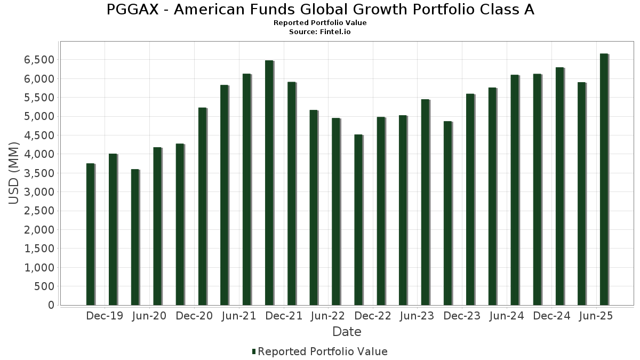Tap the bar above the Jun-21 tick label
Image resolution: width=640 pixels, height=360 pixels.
pyautogui.click(x=246, y=189)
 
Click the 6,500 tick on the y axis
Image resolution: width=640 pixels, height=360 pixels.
pyautogui.click(x=39, y=60)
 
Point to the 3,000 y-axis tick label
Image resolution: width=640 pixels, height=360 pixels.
pyautogui.click(x=39, y=192)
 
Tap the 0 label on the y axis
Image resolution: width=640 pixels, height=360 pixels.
pyautogui.click(x=51, y=305)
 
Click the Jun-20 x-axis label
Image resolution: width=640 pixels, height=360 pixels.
pyautogui.click(x=149, y=316)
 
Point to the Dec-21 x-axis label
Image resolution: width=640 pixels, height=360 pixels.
pyautogui.click(x=284, y=316)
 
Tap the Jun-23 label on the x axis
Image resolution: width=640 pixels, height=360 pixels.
pyautogui.click(x=417, y=316)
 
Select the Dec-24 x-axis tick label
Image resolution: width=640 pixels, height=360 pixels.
pyautogui.click(x=551, y=316)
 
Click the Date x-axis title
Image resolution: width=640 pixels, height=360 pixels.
pyautogui.click(x=347, y=332)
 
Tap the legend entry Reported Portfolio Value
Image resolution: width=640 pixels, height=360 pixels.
pyautogui.click(x=323, y=351)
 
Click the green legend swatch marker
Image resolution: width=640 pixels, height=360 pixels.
pyautogui.click(x=254, y=351)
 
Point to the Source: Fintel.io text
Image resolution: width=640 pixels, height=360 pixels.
pyautogui.click(x=320, y=32)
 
